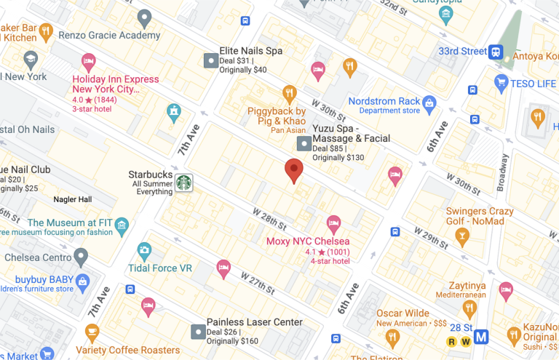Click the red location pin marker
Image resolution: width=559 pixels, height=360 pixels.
[293, 170]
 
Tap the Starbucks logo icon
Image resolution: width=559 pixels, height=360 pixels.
[184, 181]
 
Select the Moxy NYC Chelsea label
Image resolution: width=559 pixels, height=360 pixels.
[308, 241]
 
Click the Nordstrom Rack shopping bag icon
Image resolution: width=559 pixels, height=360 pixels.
[429, 105]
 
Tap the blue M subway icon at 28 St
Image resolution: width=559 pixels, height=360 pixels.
[481, 337]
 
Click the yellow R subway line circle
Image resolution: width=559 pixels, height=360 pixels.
[451, 341]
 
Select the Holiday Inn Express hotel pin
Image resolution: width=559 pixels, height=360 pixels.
[89, 60]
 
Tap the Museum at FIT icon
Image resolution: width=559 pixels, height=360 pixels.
[122, 225]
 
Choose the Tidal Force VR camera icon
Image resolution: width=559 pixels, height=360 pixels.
[144, 251]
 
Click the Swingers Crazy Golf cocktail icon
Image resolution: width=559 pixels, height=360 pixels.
[461, 236]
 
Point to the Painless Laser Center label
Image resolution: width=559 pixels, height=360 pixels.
[254, 321]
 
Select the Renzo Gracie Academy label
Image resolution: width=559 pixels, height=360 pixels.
[109, 35]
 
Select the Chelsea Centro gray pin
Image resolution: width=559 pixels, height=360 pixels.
[81, 256]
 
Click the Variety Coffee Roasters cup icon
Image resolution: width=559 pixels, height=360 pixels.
[92, 332]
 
